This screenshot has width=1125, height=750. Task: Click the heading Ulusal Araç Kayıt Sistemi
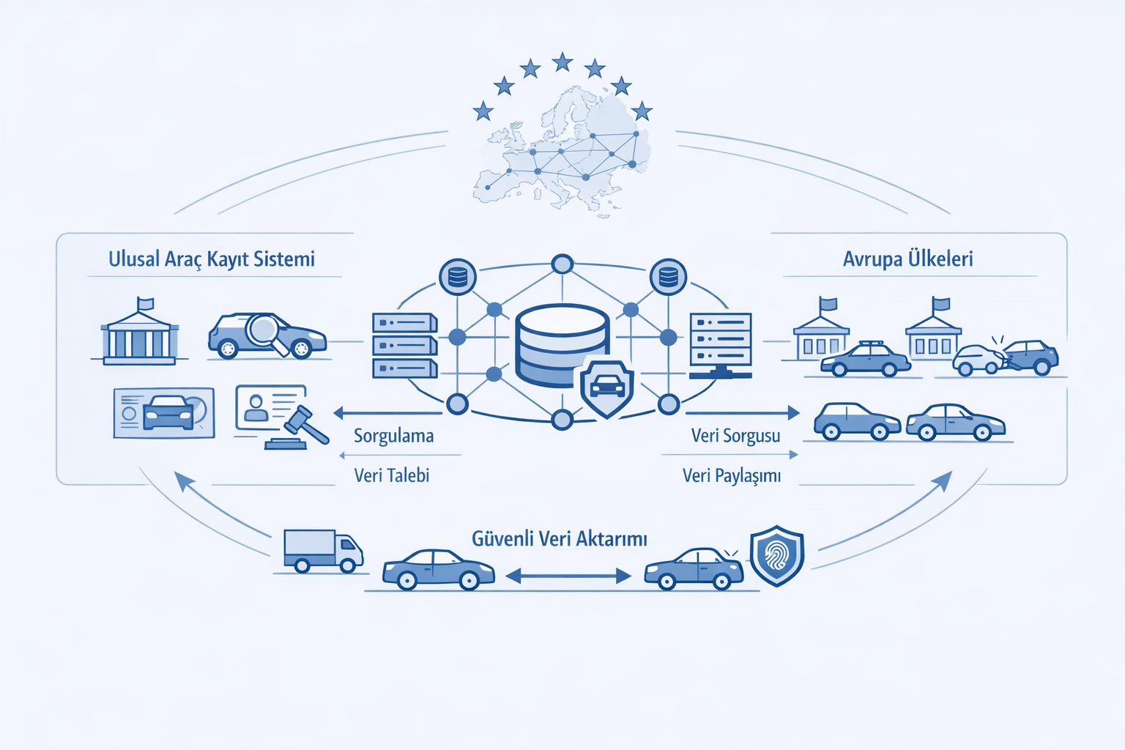click(x=212, y=259)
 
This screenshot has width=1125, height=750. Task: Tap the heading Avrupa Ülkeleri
click(x=907, y=259)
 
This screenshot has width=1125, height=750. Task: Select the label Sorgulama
click(x=393, y=436)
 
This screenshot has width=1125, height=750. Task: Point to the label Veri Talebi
click(x=392, y=475)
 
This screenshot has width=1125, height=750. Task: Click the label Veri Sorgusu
click(x=735, y=436)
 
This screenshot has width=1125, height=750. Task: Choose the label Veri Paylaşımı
click(x=732, y=475)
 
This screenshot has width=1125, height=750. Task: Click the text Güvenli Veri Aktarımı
click(x=560, y=539)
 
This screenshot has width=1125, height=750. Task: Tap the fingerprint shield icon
click(x=777, y=555)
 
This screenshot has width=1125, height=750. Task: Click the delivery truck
click(x=323, y=551)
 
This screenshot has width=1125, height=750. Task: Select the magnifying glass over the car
click(x=264, y=330)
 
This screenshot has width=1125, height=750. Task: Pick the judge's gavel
click(x=305, y=425)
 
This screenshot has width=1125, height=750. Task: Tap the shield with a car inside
click(x=606, y=388)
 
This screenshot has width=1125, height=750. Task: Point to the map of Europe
click(x=564, y=150)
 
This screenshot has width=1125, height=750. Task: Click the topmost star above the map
click(x=562, y=62)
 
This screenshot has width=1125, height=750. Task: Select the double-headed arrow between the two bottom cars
click(x=568, y=576)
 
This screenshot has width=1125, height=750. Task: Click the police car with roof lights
click(x=865, y=359)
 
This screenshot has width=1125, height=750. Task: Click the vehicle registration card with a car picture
click(x=164, y=413)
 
